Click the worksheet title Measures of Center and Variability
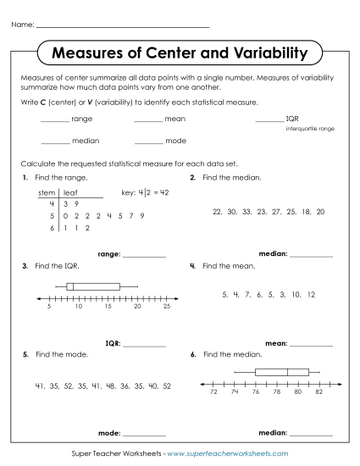click(x=180, y=54)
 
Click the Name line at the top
click(x=123, y=26)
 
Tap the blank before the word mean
click(x=147, y=119)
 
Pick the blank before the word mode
click(x=147, y=141)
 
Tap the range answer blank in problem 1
click(x=144, y=254)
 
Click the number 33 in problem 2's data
click(x=246, y=211)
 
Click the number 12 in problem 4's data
click(x=311, y=294)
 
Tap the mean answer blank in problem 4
click(x=311, y=344)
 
